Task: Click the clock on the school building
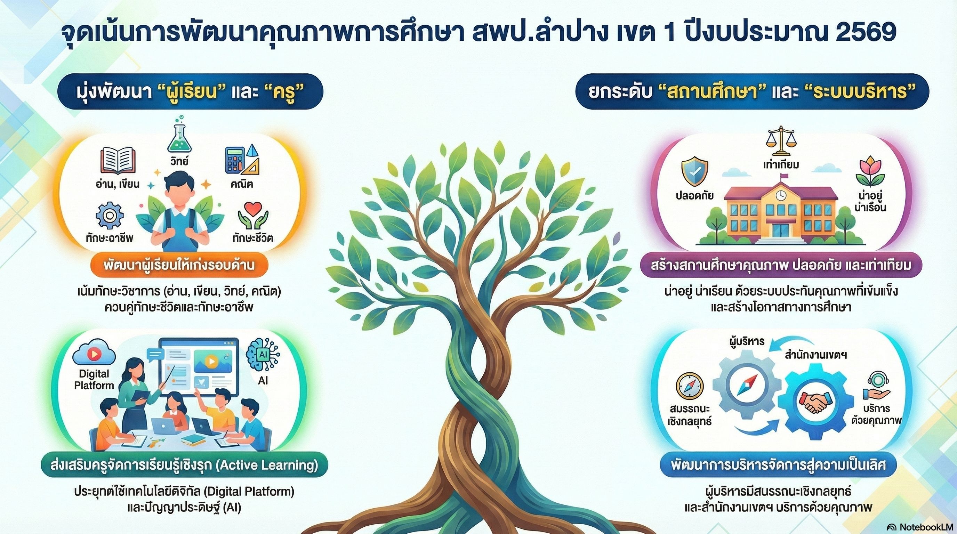[780, 195]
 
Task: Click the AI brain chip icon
[263, 355]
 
